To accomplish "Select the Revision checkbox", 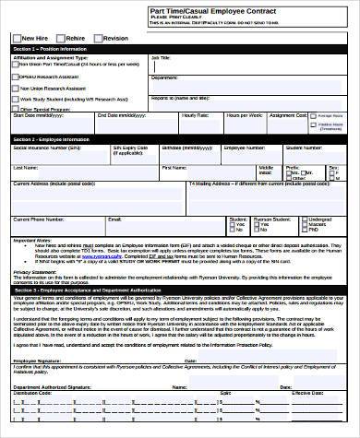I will pyautogui.click(x=101, y=38).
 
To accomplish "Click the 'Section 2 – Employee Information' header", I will pyautogui.click(x=50, y=138).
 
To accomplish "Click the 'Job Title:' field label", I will pyautogui.click(x=161, y=55).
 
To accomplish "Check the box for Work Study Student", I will pyautogui.click(x=16, y=98).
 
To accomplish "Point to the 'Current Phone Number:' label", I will pyautogui.click(x=39, y=219).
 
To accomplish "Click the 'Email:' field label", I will pyautogui.click(x=114, y=219).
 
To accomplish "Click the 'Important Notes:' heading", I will pyautogui.click(x=31, y=240).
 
